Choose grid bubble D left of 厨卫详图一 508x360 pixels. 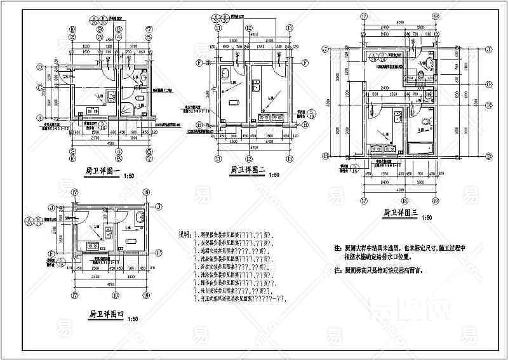coord(39,66)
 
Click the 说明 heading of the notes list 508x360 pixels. coord(185,234)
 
